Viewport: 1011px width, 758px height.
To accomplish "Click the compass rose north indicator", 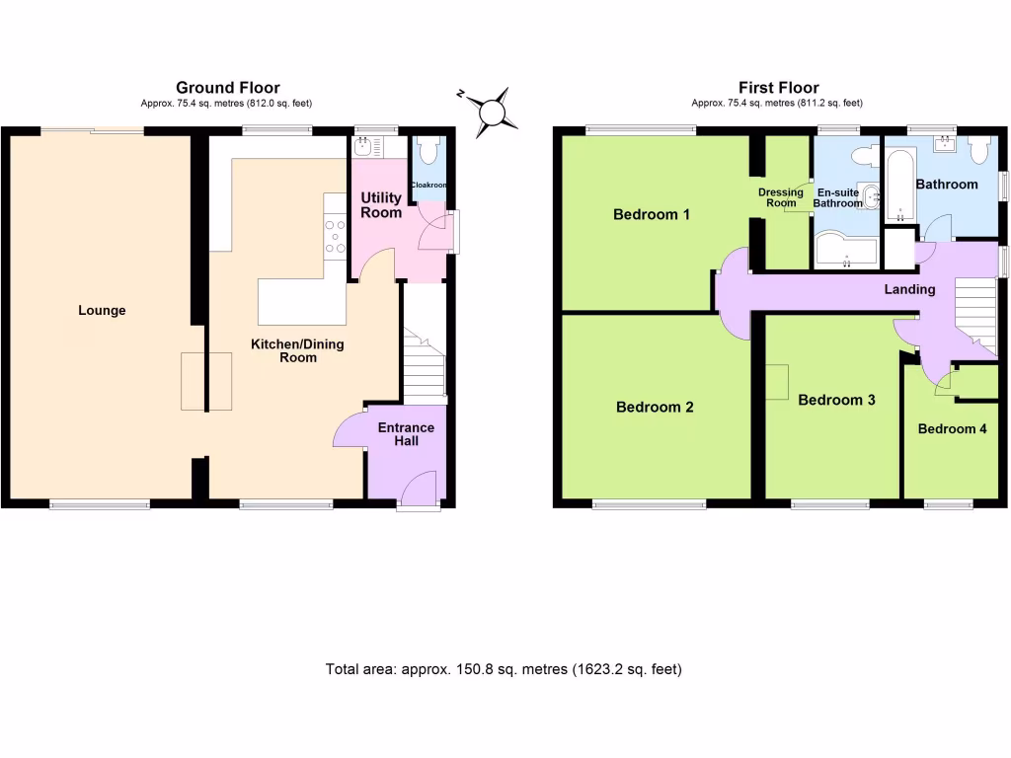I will click(492, 110).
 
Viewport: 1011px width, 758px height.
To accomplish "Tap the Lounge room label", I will click(103, 311).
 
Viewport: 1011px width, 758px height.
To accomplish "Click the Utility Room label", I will click(381, 205).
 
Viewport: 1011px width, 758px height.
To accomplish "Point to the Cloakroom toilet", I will click(428, 153).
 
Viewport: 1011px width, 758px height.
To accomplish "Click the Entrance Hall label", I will click(407, 434).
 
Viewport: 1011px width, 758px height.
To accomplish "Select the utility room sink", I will click(364, 146).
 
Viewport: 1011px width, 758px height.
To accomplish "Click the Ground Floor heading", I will click(228, 89).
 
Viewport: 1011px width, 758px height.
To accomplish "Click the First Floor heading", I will click(778, 89).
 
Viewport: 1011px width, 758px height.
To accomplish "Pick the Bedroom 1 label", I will click(652, 214).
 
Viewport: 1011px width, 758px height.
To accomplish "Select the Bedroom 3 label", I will click(836, 400).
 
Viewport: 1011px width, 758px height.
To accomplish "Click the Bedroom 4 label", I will click(952, 429).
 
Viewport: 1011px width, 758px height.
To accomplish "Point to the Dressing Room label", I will click(781, 197).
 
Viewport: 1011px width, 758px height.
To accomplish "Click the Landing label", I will click(909, 289).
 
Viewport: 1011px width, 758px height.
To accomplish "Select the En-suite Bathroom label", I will click(837, 198).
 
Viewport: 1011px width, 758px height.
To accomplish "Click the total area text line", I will click(504, 669).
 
